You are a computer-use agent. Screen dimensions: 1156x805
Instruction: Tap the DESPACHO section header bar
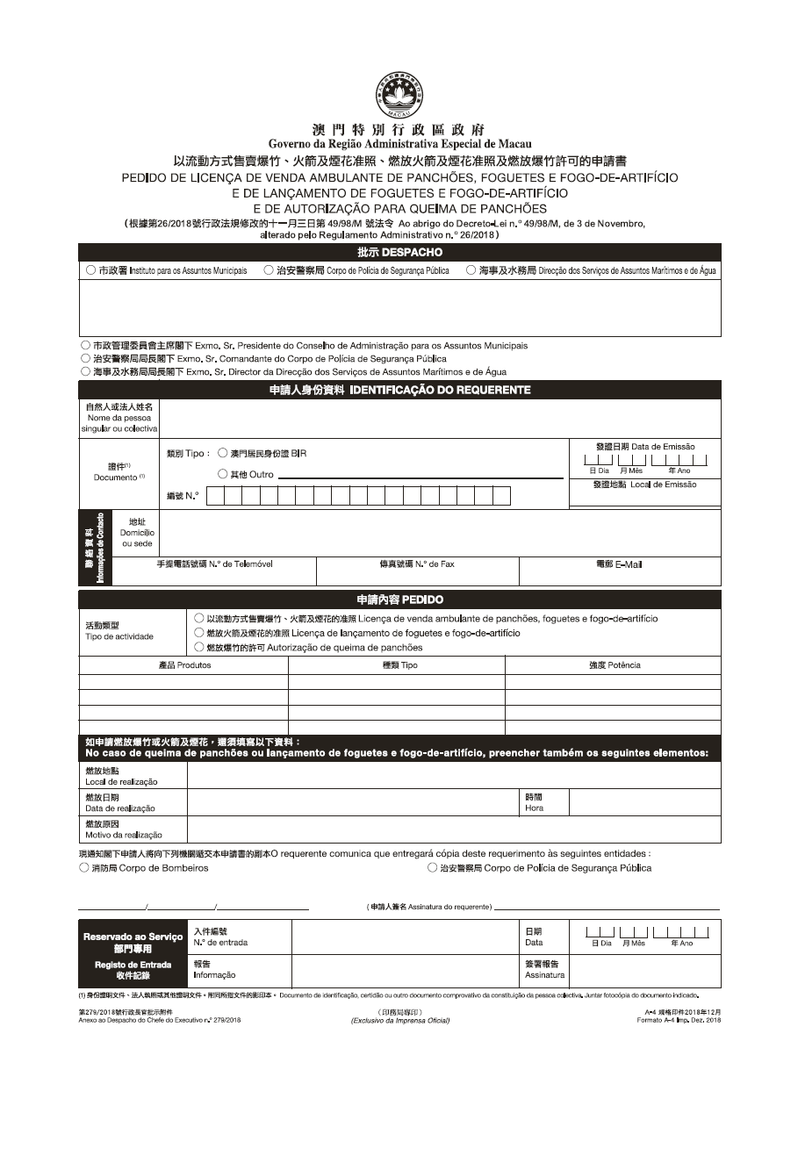(x=399, y=252)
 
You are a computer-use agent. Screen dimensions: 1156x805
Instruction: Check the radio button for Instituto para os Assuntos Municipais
(x=91, y=271)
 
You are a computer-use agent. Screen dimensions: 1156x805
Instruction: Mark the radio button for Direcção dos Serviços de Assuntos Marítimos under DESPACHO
(x=471, y=271)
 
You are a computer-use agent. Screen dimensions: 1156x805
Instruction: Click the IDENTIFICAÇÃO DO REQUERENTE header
(x=399, y=390)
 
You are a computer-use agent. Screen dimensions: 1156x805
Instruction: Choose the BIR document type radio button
(x=223, y=454)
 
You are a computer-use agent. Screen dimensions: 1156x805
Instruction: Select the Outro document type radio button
(x=223, y=475)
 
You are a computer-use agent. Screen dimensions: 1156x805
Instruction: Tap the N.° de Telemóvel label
(x=214, y=564)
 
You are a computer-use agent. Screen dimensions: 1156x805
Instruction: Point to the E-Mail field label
(x=619, y=564)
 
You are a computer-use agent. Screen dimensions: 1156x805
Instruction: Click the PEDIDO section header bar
(x=399, y=600)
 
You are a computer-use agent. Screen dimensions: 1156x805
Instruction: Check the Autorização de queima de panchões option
(x=200, y=648)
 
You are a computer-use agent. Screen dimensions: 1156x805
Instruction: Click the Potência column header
(x=614, y=665)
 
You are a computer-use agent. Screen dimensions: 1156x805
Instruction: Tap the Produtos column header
(x=184, y=665)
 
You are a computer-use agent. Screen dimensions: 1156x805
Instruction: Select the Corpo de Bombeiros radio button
(x=84, y=868)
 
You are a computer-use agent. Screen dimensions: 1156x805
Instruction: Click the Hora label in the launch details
(x=534, y=802)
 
